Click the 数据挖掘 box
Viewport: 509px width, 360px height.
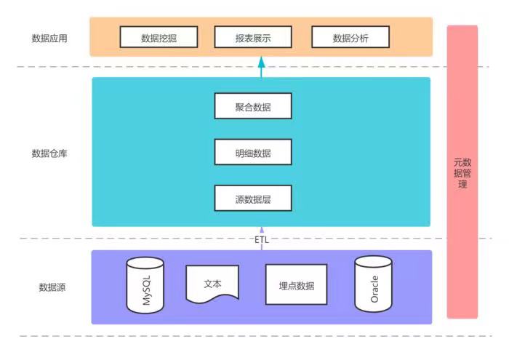pos(159,37)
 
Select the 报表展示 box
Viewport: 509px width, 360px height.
pos(253,37)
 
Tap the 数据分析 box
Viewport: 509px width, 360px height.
pos(350,37)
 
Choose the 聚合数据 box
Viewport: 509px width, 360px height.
pos(253,106)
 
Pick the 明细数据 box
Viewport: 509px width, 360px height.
pos(253,152)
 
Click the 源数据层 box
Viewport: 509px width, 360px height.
pos(253,198)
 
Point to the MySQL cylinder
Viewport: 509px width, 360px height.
pos(145,285)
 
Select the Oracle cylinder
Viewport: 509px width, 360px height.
pos(373,284)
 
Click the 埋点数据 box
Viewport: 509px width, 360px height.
pos(297,284)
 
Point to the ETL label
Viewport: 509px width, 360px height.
pos(262,239)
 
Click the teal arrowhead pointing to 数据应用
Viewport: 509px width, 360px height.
pos(262,62)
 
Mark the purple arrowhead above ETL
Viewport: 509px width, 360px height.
pos(262,230)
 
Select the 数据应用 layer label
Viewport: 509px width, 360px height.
pos(49,39)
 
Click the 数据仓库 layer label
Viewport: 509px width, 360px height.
pos(49,153)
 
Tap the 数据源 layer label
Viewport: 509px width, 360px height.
pos(52,287)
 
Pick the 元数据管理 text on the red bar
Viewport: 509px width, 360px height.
pos(462,173)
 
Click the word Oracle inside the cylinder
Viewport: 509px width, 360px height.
pos(374,289)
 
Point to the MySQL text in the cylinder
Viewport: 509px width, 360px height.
pos(147,290)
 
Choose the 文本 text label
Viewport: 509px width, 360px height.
pos(212,284)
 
